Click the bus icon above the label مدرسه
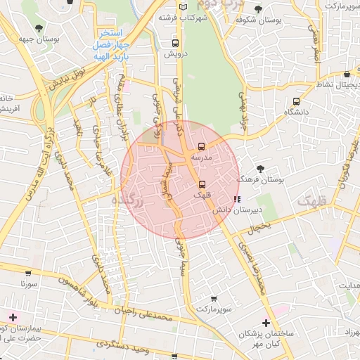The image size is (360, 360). pos(202,147)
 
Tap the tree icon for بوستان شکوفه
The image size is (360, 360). pos(259,9)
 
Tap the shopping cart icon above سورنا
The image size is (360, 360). pos(28,274)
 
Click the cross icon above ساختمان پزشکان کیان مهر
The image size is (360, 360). pos(265,322)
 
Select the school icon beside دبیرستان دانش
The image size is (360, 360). pos(236,199)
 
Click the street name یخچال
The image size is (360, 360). pos(259,227)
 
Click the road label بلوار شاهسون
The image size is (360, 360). pos(77,290)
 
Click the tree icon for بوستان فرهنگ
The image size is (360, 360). pos(261,169)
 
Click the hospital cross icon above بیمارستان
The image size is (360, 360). pos(12,317)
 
